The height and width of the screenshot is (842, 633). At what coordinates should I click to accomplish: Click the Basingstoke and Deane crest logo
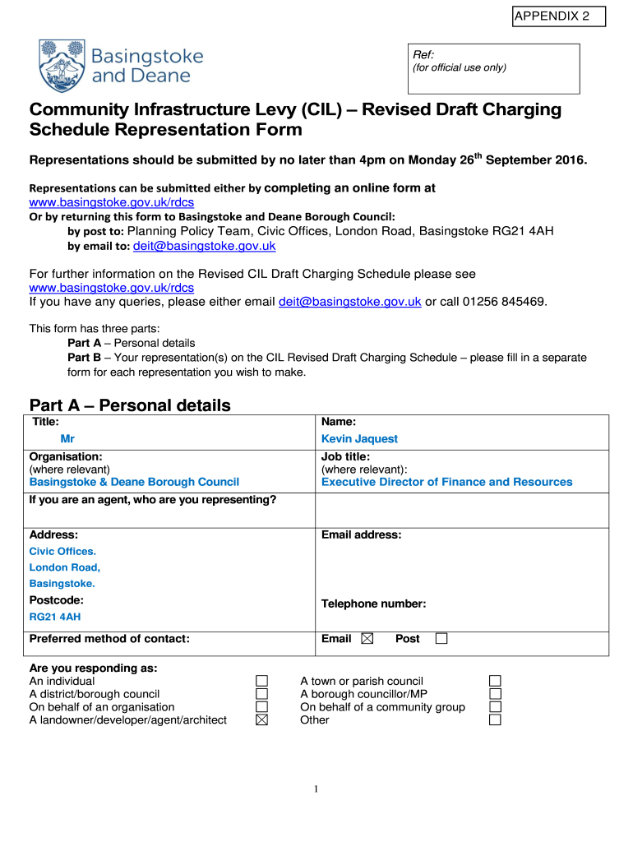60,66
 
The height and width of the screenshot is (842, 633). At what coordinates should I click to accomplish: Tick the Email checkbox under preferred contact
367,639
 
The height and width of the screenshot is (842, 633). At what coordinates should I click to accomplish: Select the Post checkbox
441,639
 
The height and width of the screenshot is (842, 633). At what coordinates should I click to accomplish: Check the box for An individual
261,681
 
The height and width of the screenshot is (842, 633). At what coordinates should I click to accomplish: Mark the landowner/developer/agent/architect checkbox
261,720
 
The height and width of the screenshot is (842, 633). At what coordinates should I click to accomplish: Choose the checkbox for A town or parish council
495,681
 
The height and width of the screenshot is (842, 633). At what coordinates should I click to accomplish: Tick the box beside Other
495,720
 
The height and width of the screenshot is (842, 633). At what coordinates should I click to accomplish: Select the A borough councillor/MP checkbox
495,694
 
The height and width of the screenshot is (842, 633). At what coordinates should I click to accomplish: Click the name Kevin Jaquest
359,439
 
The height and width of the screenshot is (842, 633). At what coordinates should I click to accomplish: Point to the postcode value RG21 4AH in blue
55,617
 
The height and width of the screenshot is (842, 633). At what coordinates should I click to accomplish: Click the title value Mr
67,439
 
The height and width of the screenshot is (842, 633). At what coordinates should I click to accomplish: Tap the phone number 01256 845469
504,302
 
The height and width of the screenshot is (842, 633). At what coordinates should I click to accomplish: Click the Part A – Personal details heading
130,405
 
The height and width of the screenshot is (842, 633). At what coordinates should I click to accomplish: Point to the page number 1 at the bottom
316,790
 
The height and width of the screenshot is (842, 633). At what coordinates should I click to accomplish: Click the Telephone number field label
373,604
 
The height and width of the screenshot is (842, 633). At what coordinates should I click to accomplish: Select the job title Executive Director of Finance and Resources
446,482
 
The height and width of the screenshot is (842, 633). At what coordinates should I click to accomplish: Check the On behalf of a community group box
495,707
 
